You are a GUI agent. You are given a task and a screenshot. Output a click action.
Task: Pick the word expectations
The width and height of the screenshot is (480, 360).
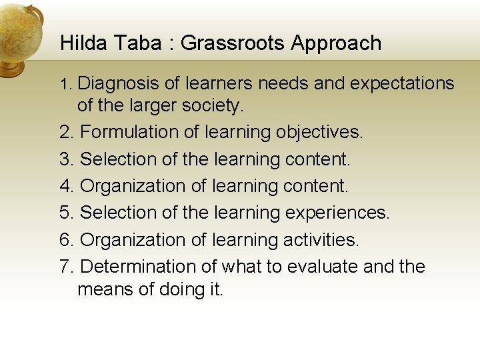click(x=401, y=84)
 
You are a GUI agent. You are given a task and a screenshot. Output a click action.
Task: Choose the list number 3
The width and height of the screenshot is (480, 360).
click(x=65, y=159)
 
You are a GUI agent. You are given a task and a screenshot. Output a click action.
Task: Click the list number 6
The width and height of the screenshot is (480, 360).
click(x=65, y=239)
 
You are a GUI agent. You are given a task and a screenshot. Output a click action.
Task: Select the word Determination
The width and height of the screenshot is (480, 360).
click(x=137, y=266)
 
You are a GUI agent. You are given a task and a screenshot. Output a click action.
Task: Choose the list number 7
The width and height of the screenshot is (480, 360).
click(x=65, y=266)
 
